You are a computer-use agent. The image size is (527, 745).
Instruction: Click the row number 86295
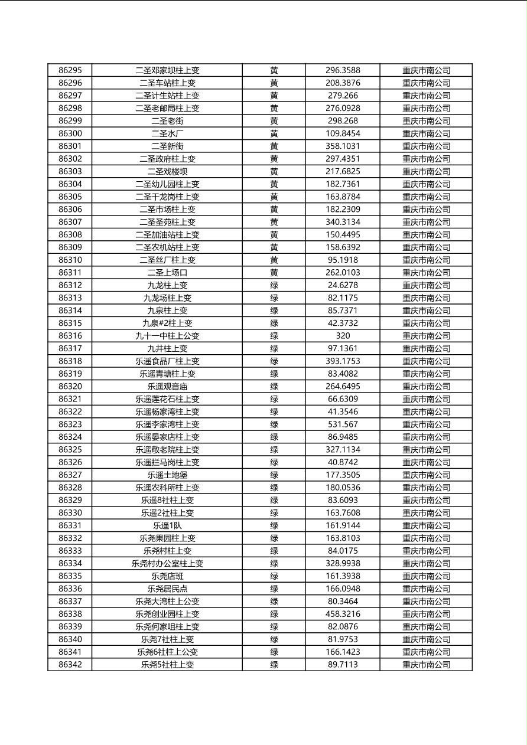coord(70,70)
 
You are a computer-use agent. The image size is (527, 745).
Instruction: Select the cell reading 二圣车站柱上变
coord(167,83)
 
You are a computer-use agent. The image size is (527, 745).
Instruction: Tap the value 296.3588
coord(343,70)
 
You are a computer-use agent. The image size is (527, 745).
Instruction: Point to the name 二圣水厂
coord(167,133)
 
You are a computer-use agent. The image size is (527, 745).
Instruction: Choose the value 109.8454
coord(343,133)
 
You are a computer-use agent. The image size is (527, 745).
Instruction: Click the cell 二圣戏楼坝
coord(167,171)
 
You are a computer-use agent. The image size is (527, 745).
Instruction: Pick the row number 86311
coord(70,273)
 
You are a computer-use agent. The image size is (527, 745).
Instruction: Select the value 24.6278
coord(343,285)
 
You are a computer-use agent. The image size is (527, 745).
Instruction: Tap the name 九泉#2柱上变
coord(167,323)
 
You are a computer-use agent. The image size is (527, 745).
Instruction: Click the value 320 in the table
coord(343,336)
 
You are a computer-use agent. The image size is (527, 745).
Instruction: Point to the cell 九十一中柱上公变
coord(167,336)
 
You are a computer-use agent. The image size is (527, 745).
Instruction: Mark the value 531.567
coord(343,424)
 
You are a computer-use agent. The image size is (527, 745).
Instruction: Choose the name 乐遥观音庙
coord(167,387)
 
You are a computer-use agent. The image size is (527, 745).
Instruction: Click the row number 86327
coord(70,475)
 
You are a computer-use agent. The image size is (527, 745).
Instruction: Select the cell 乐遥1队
coord(167,525)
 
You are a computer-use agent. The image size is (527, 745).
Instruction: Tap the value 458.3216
coord(343,614)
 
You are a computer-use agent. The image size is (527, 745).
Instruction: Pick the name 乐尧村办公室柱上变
coord(167,563)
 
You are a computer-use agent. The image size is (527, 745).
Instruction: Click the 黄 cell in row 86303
coord(274,171)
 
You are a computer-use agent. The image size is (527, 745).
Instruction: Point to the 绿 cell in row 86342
coord(274,665)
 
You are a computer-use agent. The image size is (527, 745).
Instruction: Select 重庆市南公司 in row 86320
coord(426,387)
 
